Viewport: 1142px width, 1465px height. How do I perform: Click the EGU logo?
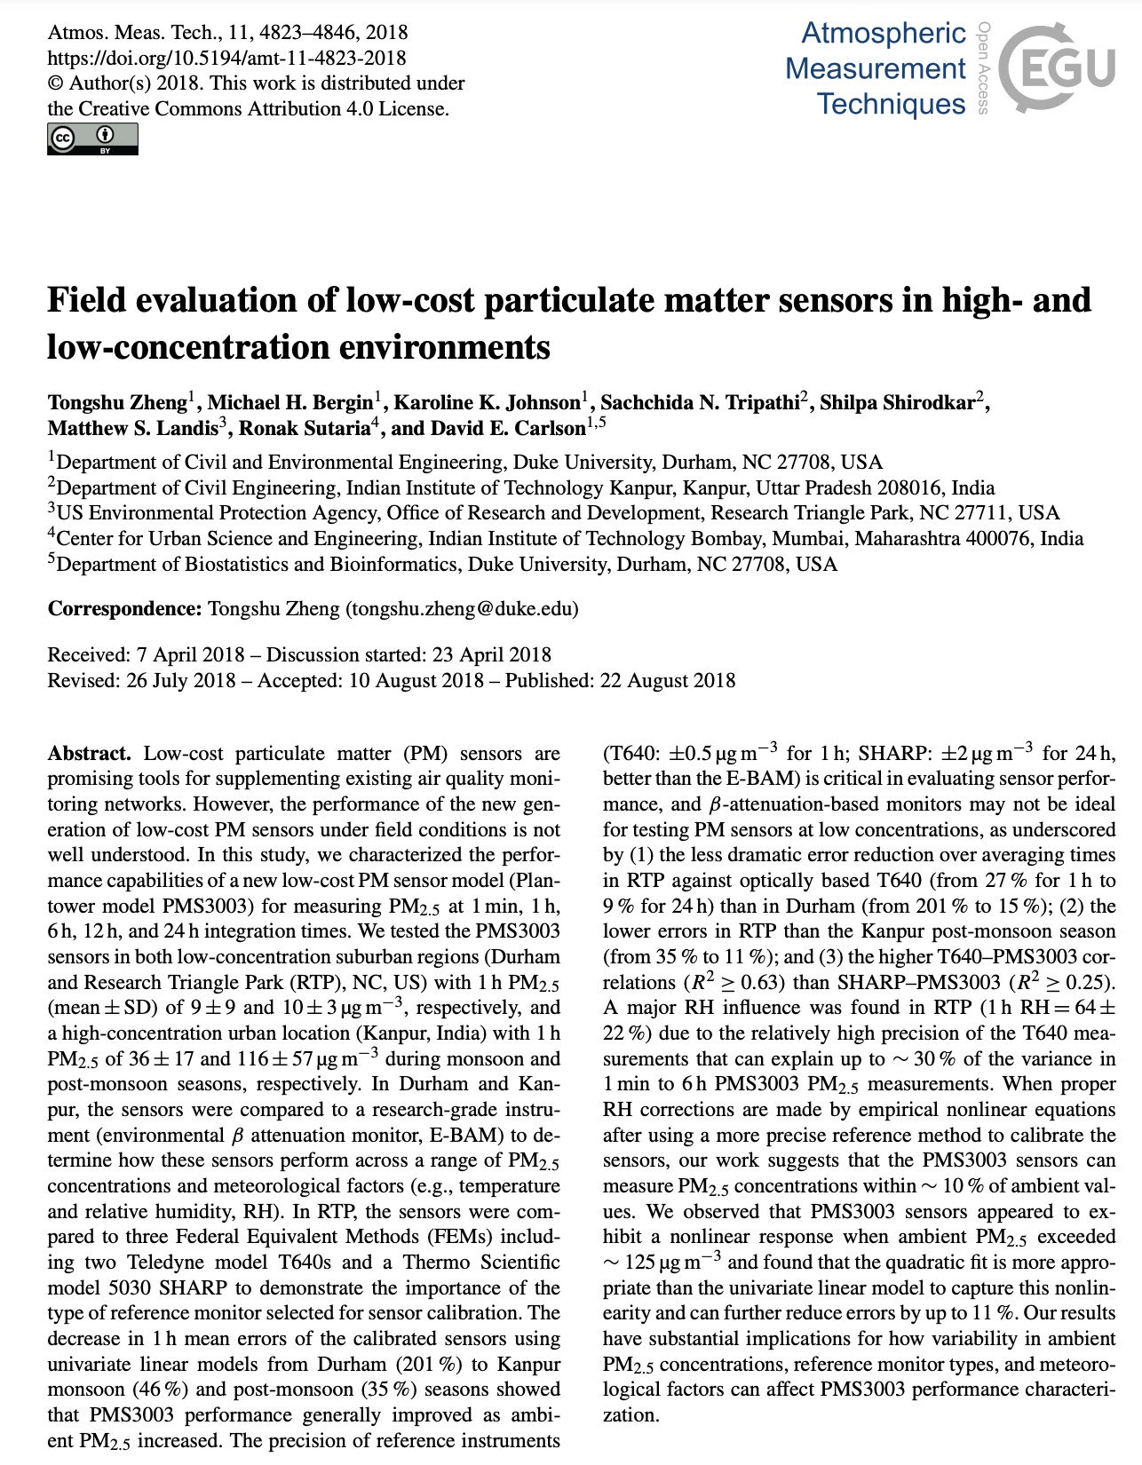1057,67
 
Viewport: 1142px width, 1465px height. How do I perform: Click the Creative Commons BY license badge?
92,139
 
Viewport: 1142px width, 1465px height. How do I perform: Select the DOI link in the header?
226,59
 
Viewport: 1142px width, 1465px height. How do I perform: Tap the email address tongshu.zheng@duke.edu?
462,609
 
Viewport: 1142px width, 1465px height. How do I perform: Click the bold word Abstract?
89,754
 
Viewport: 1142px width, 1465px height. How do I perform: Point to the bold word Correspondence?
124,609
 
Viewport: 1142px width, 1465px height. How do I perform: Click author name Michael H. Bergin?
290,403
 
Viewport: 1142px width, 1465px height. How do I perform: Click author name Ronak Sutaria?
303,429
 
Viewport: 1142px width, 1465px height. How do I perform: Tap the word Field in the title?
86,301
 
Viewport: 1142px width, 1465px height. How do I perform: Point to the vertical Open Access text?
983,67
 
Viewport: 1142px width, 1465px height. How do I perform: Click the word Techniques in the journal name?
891,104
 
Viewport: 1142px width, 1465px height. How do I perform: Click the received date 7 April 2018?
190,655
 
